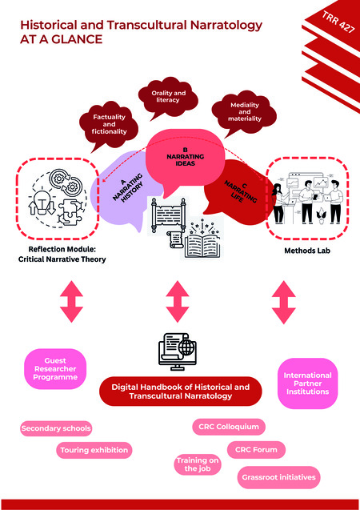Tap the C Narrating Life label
coord(234,194)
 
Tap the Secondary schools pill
coord(56,428)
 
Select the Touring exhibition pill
coord(94,450)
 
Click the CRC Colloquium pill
coord(229,428)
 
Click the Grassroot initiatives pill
coord(279,478)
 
